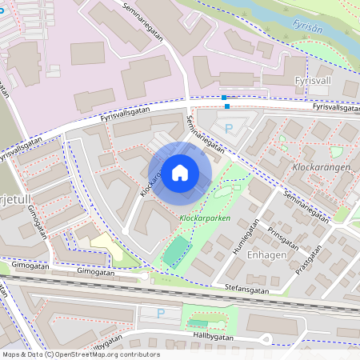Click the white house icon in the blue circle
tap(180, 173)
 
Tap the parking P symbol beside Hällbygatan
tap(161, 314)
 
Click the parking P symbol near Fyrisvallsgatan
tap(228, 128)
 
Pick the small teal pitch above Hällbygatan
tap(197, 324)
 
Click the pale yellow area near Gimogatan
tap(106, 246)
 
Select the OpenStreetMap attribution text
tap(80, 354)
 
